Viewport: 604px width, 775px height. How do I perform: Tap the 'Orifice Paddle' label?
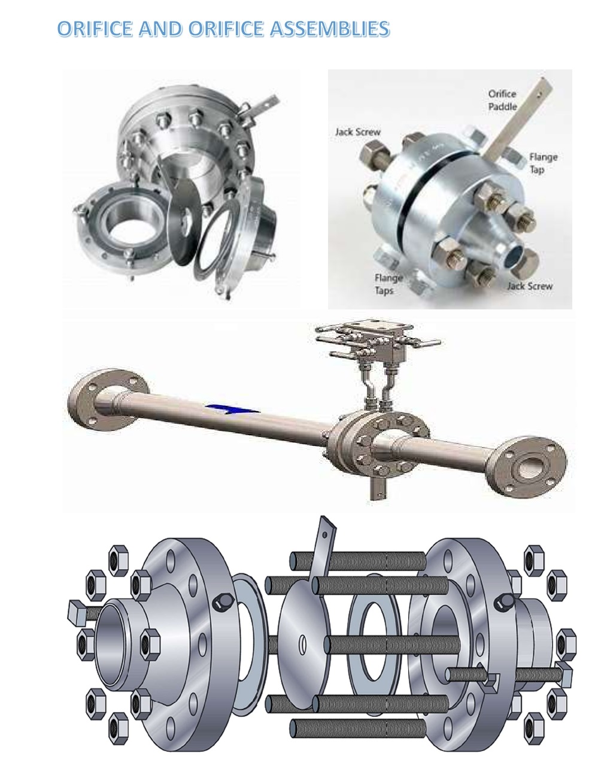point(502,100)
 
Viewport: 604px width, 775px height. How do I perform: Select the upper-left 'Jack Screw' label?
point(358,132)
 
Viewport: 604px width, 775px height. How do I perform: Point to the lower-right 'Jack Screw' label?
point(530,285)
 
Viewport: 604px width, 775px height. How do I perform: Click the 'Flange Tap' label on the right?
point(543,163)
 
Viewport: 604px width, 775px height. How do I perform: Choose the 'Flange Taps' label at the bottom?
point(388,284)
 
